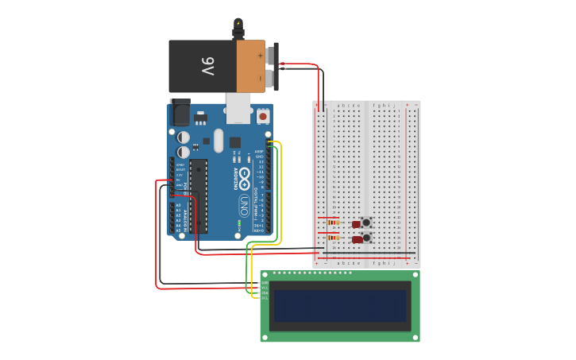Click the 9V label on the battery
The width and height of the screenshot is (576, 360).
click(207, 66)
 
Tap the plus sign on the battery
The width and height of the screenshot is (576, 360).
click(260, 55)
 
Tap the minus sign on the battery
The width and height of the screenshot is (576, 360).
click(260, 78)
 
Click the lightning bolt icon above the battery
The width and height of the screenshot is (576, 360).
click(238, 24)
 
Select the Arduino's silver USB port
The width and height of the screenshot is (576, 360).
click(238, 108)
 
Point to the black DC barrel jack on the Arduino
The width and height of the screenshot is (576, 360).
click(180, 112)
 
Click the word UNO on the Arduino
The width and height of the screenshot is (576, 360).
click(245, 204)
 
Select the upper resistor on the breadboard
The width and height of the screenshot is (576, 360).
click(333, 223)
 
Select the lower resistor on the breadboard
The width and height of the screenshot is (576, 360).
click(333, 237)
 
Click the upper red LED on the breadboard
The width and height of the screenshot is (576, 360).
click(356, 224)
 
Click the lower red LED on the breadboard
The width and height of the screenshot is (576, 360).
click(358, 239)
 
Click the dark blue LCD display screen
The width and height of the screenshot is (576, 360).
click(339, 305)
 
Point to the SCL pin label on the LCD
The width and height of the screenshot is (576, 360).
click(265, 298)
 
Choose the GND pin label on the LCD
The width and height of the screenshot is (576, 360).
click(265, 282)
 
